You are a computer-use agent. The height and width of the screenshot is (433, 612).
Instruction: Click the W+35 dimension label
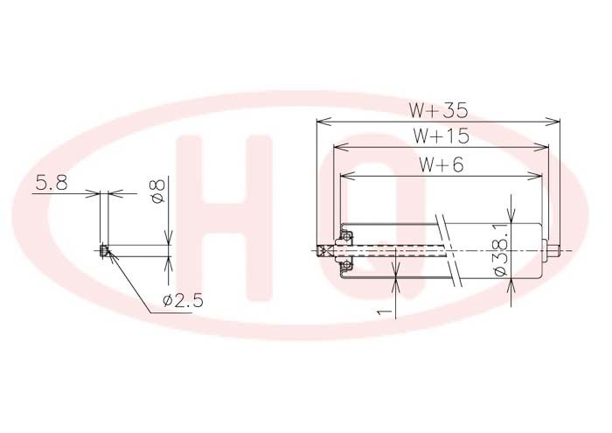point(438,110)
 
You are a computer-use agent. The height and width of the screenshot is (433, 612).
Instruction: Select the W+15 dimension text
point(441,136)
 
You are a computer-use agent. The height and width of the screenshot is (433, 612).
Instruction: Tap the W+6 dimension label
point(442,164)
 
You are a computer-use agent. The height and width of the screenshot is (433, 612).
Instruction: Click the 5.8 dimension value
point(52,183)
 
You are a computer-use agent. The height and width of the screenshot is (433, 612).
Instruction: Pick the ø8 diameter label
point(158,191)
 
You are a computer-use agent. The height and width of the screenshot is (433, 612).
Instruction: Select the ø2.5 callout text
point(184,301)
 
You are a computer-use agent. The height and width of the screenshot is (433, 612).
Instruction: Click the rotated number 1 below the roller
point(385,311)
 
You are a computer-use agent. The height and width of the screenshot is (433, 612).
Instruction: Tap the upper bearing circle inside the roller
point(346,236)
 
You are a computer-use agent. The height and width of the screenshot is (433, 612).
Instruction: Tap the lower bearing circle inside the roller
point(346,266)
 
